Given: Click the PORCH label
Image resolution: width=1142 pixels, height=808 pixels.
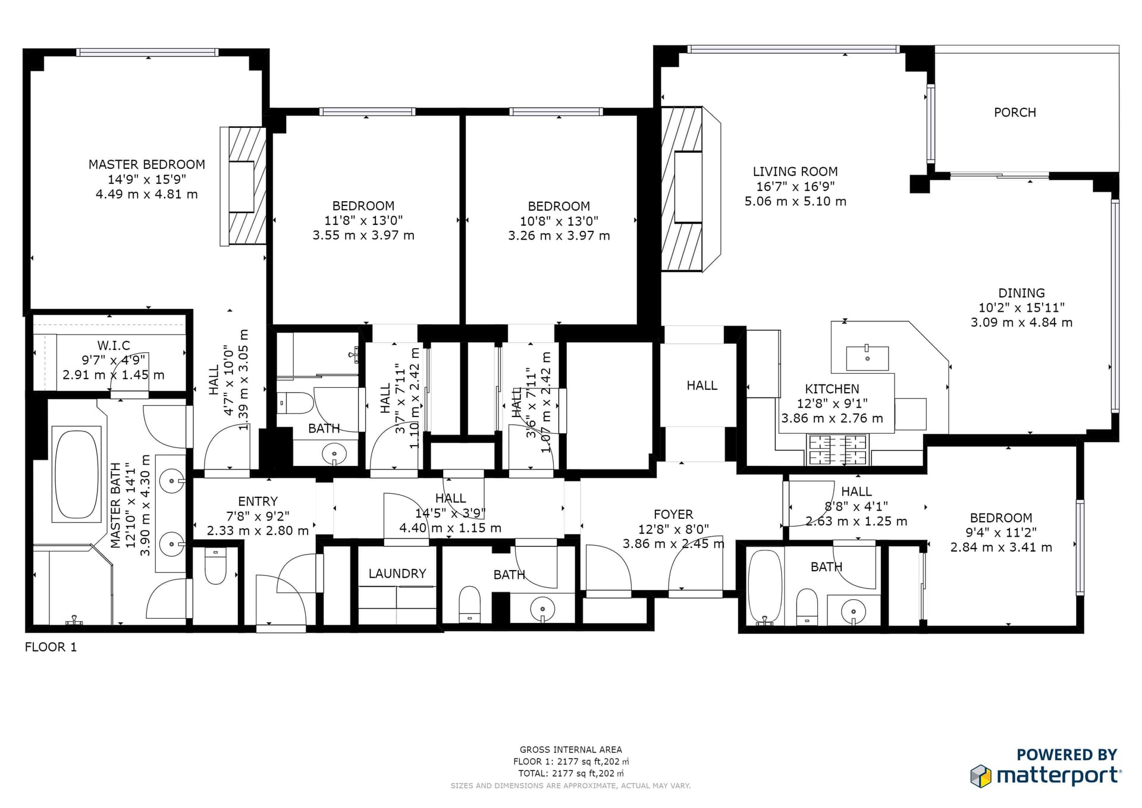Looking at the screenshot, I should click(x=1015, y=112).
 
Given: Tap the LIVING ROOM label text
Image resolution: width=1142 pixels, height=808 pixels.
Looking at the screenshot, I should click(x=795, y=171).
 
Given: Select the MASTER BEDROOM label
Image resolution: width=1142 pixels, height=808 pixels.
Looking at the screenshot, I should click(x=146, y=164).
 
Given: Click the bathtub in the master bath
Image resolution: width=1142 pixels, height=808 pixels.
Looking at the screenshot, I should click(x=77, y=474).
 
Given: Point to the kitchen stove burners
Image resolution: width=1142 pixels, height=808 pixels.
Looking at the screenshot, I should click(x=837, y=450).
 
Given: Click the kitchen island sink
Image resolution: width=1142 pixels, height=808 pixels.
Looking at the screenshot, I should click(x=867, y=359).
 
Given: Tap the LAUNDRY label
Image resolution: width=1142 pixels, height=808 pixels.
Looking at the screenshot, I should click(x=397, y=574).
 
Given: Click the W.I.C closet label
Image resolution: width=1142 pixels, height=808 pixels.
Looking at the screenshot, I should click(x=113, y=346).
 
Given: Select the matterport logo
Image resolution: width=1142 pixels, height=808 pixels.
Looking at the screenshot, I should click(x=1047, y=775).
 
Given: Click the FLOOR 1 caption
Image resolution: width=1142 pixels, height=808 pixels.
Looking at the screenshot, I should click(x=51, y=647).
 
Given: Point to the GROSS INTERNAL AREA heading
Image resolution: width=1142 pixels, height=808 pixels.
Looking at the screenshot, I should click(x=570, y=750).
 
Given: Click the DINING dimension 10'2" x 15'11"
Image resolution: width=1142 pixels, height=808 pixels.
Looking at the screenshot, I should click(x=1021, y=308).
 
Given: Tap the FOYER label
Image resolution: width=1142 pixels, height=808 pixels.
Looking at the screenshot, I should click(x=673, y=514).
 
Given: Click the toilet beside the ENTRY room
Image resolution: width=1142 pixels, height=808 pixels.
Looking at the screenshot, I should click(x=215, y=566).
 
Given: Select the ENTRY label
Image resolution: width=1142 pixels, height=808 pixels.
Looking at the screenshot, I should click(x=258, y=502).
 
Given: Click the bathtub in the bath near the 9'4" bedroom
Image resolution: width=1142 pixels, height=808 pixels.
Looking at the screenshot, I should click(x=764, y=586).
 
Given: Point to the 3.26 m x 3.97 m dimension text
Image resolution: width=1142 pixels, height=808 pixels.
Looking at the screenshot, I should click(x=559, y=236).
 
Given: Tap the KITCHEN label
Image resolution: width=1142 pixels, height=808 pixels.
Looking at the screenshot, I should click(x=832, y=389).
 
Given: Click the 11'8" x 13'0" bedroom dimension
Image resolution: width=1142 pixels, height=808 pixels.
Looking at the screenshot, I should click(x=363, y=221).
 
